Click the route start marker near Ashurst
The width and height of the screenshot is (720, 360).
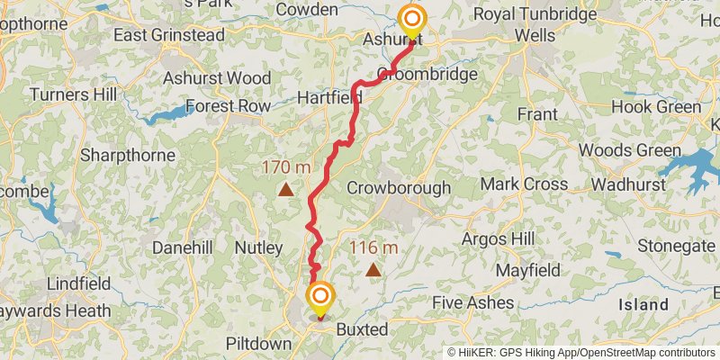[412, 19]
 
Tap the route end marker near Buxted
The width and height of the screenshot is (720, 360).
[320, 296]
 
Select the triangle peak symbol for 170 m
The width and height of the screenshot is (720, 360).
[285, 189]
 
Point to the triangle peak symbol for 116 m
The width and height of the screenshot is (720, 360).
[373, 268]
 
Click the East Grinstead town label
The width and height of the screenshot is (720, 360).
[168, 35]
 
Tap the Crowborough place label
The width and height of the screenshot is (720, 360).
[399, 188]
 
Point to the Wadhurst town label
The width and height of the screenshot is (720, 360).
[627, 184]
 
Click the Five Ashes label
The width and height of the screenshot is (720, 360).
[473, 302]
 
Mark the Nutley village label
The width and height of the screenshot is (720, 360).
[258, 247]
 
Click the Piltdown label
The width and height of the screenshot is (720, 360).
[258, 345]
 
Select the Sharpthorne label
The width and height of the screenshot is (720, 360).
[127, 155]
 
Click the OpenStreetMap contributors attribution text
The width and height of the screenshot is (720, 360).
[646, 353]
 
